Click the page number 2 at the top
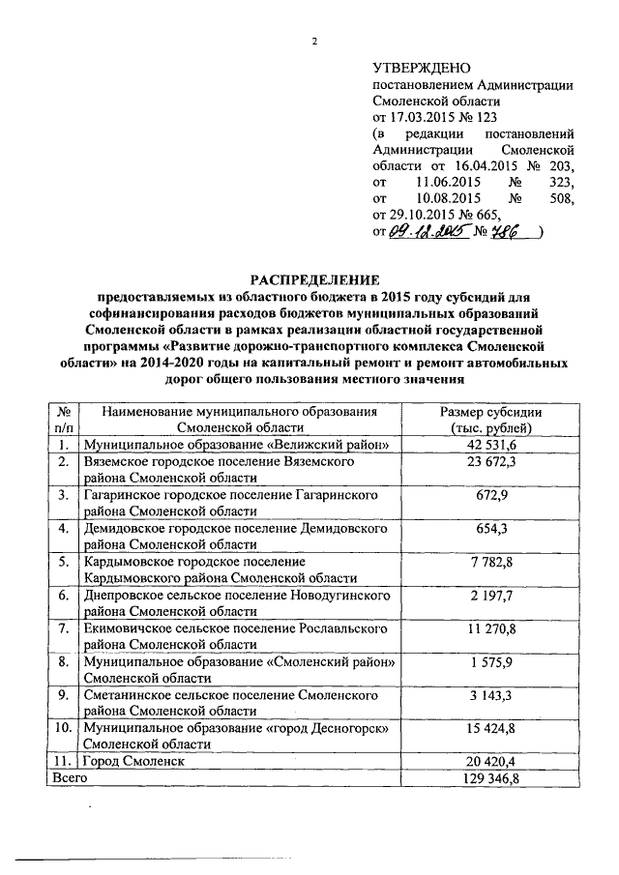[x=315, y=42]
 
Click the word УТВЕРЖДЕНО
[x=421, y=67]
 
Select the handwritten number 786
[x=508, y=232]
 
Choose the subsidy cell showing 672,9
[x=492, y=495]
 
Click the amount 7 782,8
[x=492, y=561]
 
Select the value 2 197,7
[x=492, y=594]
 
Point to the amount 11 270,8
[x=492, y=627]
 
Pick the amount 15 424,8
[x=492, y=726]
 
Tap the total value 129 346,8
[x=492, y=776]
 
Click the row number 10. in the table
[x=63, y=727]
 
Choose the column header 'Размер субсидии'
[x=492, y=412]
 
